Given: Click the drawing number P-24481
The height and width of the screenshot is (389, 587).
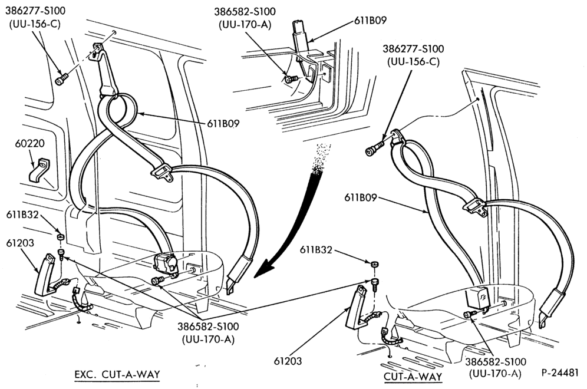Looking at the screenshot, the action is [560, 373].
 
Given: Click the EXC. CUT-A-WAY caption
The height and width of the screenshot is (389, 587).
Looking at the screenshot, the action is [117, 374].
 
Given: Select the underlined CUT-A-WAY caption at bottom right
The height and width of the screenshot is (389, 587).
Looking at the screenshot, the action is [413, 377].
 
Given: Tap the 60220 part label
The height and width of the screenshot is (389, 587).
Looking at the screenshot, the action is [29, 143].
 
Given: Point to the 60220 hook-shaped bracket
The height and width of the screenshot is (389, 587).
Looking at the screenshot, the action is [39, 171].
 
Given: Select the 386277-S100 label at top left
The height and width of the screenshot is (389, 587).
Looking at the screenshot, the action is [35, 11].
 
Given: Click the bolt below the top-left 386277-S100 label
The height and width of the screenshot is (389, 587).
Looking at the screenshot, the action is [62, 79].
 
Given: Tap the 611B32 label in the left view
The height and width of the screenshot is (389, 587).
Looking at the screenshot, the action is [22, 215].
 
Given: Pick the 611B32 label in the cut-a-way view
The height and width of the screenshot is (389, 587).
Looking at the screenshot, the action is [315, 249].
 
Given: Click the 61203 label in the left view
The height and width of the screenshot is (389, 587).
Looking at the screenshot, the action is [20, 243].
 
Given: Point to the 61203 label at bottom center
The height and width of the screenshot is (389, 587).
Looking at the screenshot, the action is [288, 361].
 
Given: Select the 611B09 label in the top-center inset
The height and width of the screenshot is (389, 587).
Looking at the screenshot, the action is [370, 21].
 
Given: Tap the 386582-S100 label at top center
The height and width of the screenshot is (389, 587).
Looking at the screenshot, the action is [245, 12].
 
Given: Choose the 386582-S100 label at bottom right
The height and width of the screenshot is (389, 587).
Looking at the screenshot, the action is [496, 362].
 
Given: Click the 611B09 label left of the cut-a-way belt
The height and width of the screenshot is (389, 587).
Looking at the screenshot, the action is [361, 197].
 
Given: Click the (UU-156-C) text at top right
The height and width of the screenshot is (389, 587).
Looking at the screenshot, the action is [413, 61].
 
